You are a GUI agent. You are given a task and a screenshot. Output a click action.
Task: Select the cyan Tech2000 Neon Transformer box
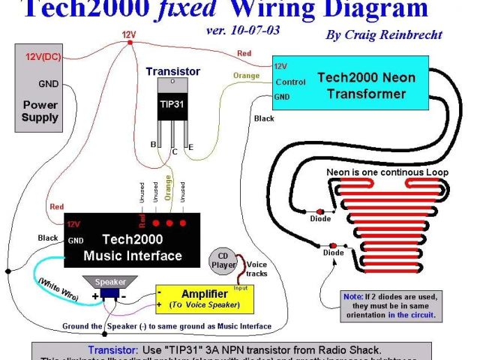[349, 85]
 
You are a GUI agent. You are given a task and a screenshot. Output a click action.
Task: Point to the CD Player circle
[222, 259]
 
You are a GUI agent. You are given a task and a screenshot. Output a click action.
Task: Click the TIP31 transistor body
[172, 104]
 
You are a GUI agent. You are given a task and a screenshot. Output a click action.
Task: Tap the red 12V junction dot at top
[130, 42]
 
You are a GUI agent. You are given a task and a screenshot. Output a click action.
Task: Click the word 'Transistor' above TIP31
[172, 71]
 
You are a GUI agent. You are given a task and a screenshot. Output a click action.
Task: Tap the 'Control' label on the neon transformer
[290, 82]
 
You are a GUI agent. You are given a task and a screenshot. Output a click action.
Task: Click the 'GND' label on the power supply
[48, 83]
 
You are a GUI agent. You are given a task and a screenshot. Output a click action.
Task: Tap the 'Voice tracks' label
[256, 269]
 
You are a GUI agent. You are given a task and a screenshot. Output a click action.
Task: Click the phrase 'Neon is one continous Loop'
[387, 172]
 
